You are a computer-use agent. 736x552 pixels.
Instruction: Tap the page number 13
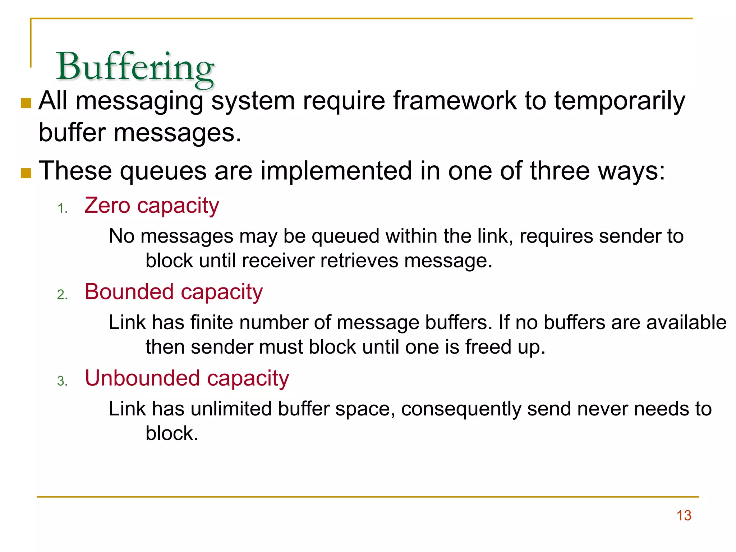pyautogui.click(x=684, y=515)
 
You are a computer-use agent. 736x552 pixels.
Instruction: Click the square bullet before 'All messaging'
pyautogui.click(x=26, y=103)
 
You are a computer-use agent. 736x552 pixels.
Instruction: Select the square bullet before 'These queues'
pyautogui.click(x=26, y=173)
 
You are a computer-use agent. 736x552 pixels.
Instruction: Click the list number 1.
pyautogui.click(x=62, y=208)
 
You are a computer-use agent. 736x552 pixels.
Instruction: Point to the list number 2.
pyautogui.click(x=62, y=295)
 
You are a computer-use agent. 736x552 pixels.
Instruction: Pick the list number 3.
pyautogui.click(x=62, y=381)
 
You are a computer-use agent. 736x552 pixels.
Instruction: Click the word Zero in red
pyautogui.click(x=107, y=206)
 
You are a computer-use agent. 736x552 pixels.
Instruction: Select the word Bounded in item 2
pyautogui.click(x=129, y=291)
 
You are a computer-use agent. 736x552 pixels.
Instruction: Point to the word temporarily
pyautogui.click(x=620, y=102)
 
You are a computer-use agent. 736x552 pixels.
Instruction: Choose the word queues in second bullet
pyautogui.click(x=163, y=171)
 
